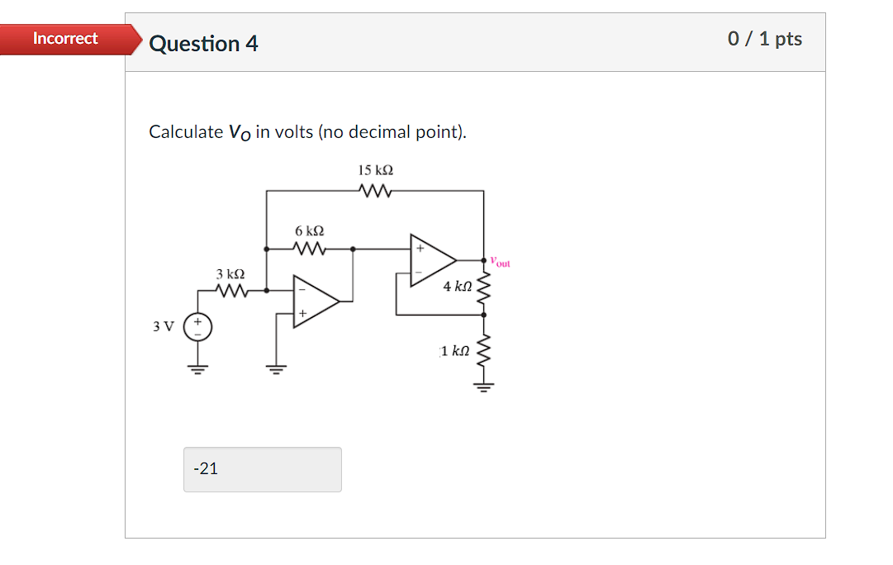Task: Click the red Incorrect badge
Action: coord(66,39)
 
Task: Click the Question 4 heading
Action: coord(203,44)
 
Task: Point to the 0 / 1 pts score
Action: coord(764,39)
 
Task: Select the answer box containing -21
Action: coord(262,469)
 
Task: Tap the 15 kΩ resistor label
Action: coord(375,170)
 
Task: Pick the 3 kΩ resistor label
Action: coord(230,273)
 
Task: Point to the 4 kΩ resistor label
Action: coord(457,287)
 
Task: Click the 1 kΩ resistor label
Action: coord(455,351)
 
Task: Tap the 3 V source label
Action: coord(163,326)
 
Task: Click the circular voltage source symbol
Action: coord(197,327)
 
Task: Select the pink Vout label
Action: coord(500,262)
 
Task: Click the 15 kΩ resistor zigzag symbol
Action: coord(376,191)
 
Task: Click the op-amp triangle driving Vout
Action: coord(431,259)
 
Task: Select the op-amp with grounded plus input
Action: coord(316,302)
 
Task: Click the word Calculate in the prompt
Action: coord(186,132)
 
